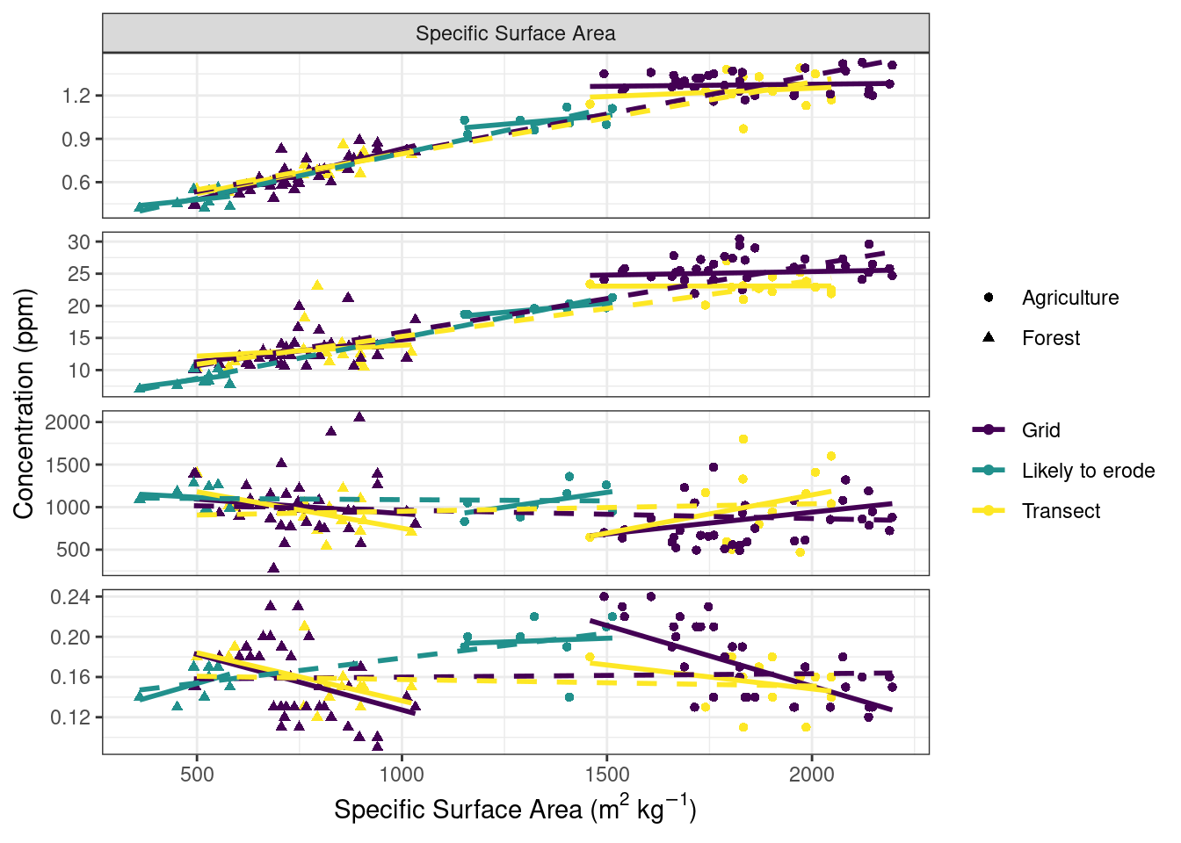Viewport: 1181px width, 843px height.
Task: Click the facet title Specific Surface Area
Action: pos(515,33)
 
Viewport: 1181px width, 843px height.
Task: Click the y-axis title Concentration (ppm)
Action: pos(24,403)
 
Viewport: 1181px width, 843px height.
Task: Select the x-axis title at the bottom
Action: pos(515,809)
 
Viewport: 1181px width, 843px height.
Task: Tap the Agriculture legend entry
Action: pos(1069,298)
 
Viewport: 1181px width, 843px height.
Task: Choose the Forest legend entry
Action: pos(1050,338)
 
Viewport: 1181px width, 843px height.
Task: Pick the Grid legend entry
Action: pos(1040,430)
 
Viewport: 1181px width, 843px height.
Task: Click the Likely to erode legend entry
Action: pos(1087,471)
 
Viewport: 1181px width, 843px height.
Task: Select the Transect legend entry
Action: pos(1060,511)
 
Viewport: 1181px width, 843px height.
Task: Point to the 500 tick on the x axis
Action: pos(197,774)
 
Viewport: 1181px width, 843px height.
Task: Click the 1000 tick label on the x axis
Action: pos(402,774)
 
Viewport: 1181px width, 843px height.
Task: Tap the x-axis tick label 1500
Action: pos(606,774)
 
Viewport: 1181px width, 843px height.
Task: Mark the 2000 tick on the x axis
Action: pos(811,774)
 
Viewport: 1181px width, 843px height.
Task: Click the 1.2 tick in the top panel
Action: pos(76,96)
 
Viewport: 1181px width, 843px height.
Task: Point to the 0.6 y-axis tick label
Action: pos(76,183)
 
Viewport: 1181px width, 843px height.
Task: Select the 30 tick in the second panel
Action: pos(80,242)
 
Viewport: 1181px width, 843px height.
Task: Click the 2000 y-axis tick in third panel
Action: pos(69,422)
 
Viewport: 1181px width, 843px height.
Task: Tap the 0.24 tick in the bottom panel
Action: pos(70,597)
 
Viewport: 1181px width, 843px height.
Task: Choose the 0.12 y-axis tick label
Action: pos(70,717)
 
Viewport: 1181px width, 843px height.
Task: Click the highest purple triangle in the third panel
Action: pos(359,416)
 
